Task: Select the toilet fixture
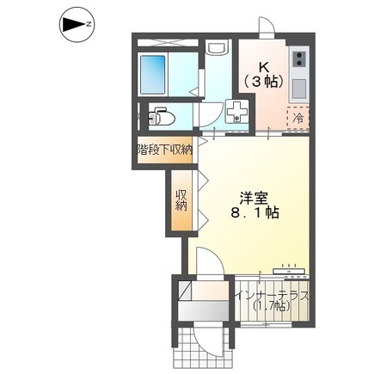[159, 114]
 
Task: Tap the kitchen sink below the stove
[298, 87]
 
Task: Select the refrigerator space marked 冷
[297, 116]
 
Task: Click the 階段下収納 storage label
[165, 149]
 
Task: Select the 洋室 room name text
[253, 194]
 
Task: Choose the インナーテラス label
[272, 298]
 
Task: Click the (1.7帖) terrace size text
[271, 314]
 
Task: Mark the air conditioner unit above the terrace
[290, 271]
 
